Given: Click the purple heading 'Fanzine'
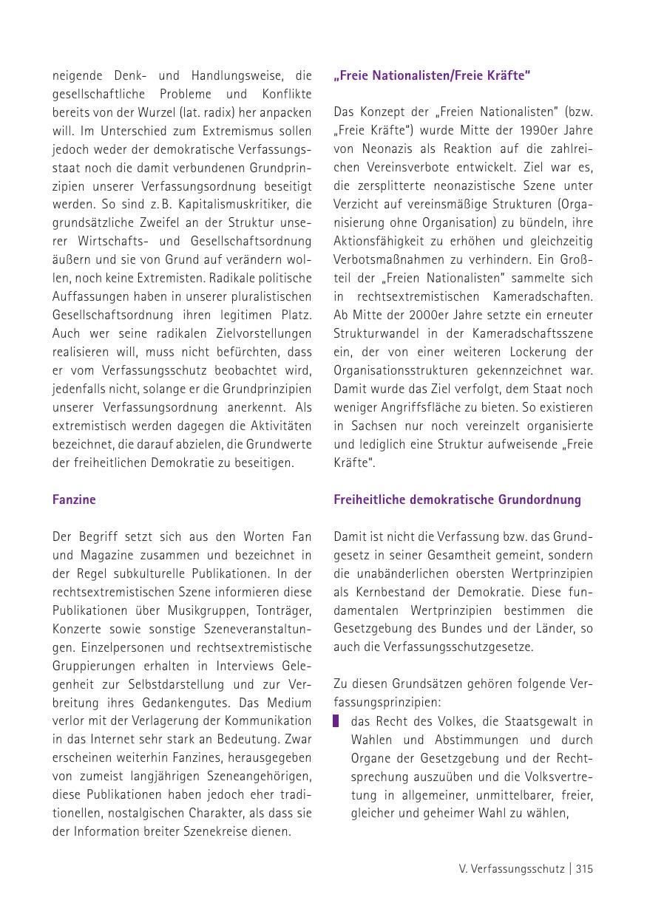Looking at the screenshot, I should click(74, 500).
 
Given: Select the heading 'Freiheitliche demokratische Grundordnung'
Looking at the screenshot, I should click(457, 500).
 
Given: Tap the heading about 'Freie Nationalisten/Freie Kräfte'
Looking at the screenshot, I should click(432, 75).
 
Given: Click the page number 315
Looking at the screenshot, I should click(584, 869).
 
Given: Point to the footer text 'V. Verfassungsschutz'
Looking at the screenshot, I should click(511, 869).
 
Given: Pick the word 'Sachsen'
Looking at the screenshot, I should click(370, 426).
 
